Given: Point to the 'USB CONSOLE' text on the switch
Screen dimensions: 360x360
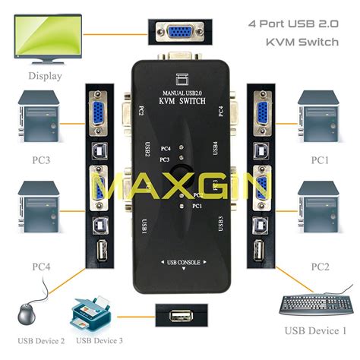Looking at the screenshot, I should (180, 262).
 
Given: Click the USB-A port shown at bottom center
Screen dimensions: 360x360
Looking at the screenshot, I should (180, 313).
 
